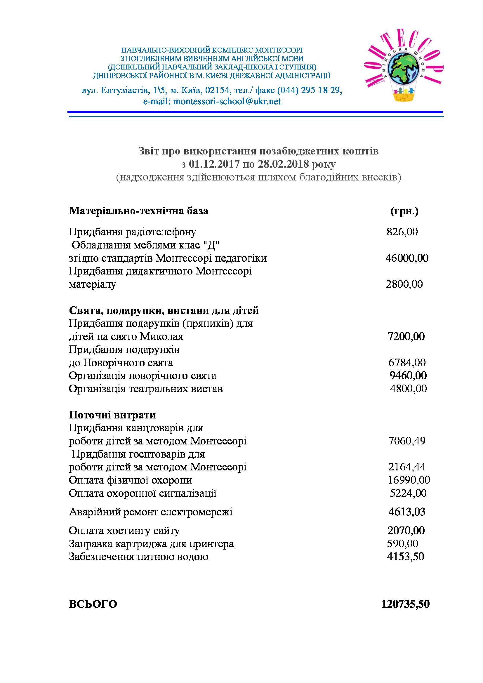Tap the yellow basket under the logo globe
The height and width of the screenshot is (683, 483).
404,96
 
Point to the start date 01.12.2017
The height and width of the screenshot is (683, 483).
214,164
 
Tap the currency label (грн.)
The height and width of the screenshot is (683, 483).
404,211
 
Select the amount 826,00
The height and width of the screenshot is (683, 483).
402,232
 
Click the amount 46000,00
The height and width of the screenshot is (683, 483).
407,258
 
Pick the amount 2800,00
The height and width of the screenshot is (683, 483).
404,284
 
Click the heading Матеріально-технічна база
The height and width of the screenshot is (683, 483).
139,211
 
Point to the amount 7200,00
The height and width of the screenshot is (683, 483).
406,336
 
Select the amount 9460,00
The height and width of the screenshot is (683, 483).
408,376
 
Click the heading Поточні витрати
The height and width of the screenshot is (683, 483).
112,415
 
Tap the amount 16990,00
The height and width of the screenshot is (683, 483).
409,480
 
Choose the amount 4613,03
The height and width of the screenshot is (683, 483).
406,512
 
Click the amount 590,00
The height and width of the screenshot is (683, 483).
402,543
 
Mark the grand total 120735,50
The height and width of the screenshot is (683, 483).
405,604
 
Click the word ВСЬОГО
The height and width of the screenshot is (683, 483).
93,604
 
